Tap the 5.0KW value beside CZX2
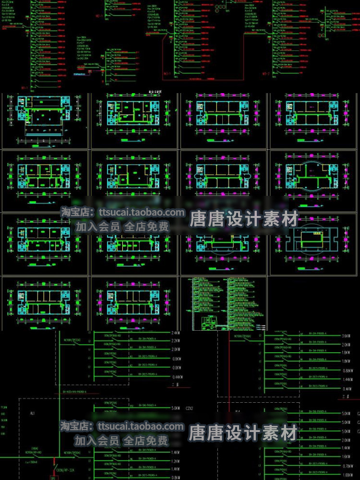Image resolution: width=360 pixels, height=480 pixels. [176, 409]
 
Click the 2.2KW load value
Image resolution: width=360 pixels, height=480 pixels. [176, 341]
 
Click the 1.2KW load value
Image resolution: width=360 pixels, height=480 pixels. [176, 461]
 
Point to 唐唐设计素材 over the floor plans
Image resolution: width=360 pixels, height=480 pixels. [244, 220]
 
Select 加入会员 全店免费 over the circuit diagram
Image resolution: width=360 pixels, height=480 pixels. [122, 440]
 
